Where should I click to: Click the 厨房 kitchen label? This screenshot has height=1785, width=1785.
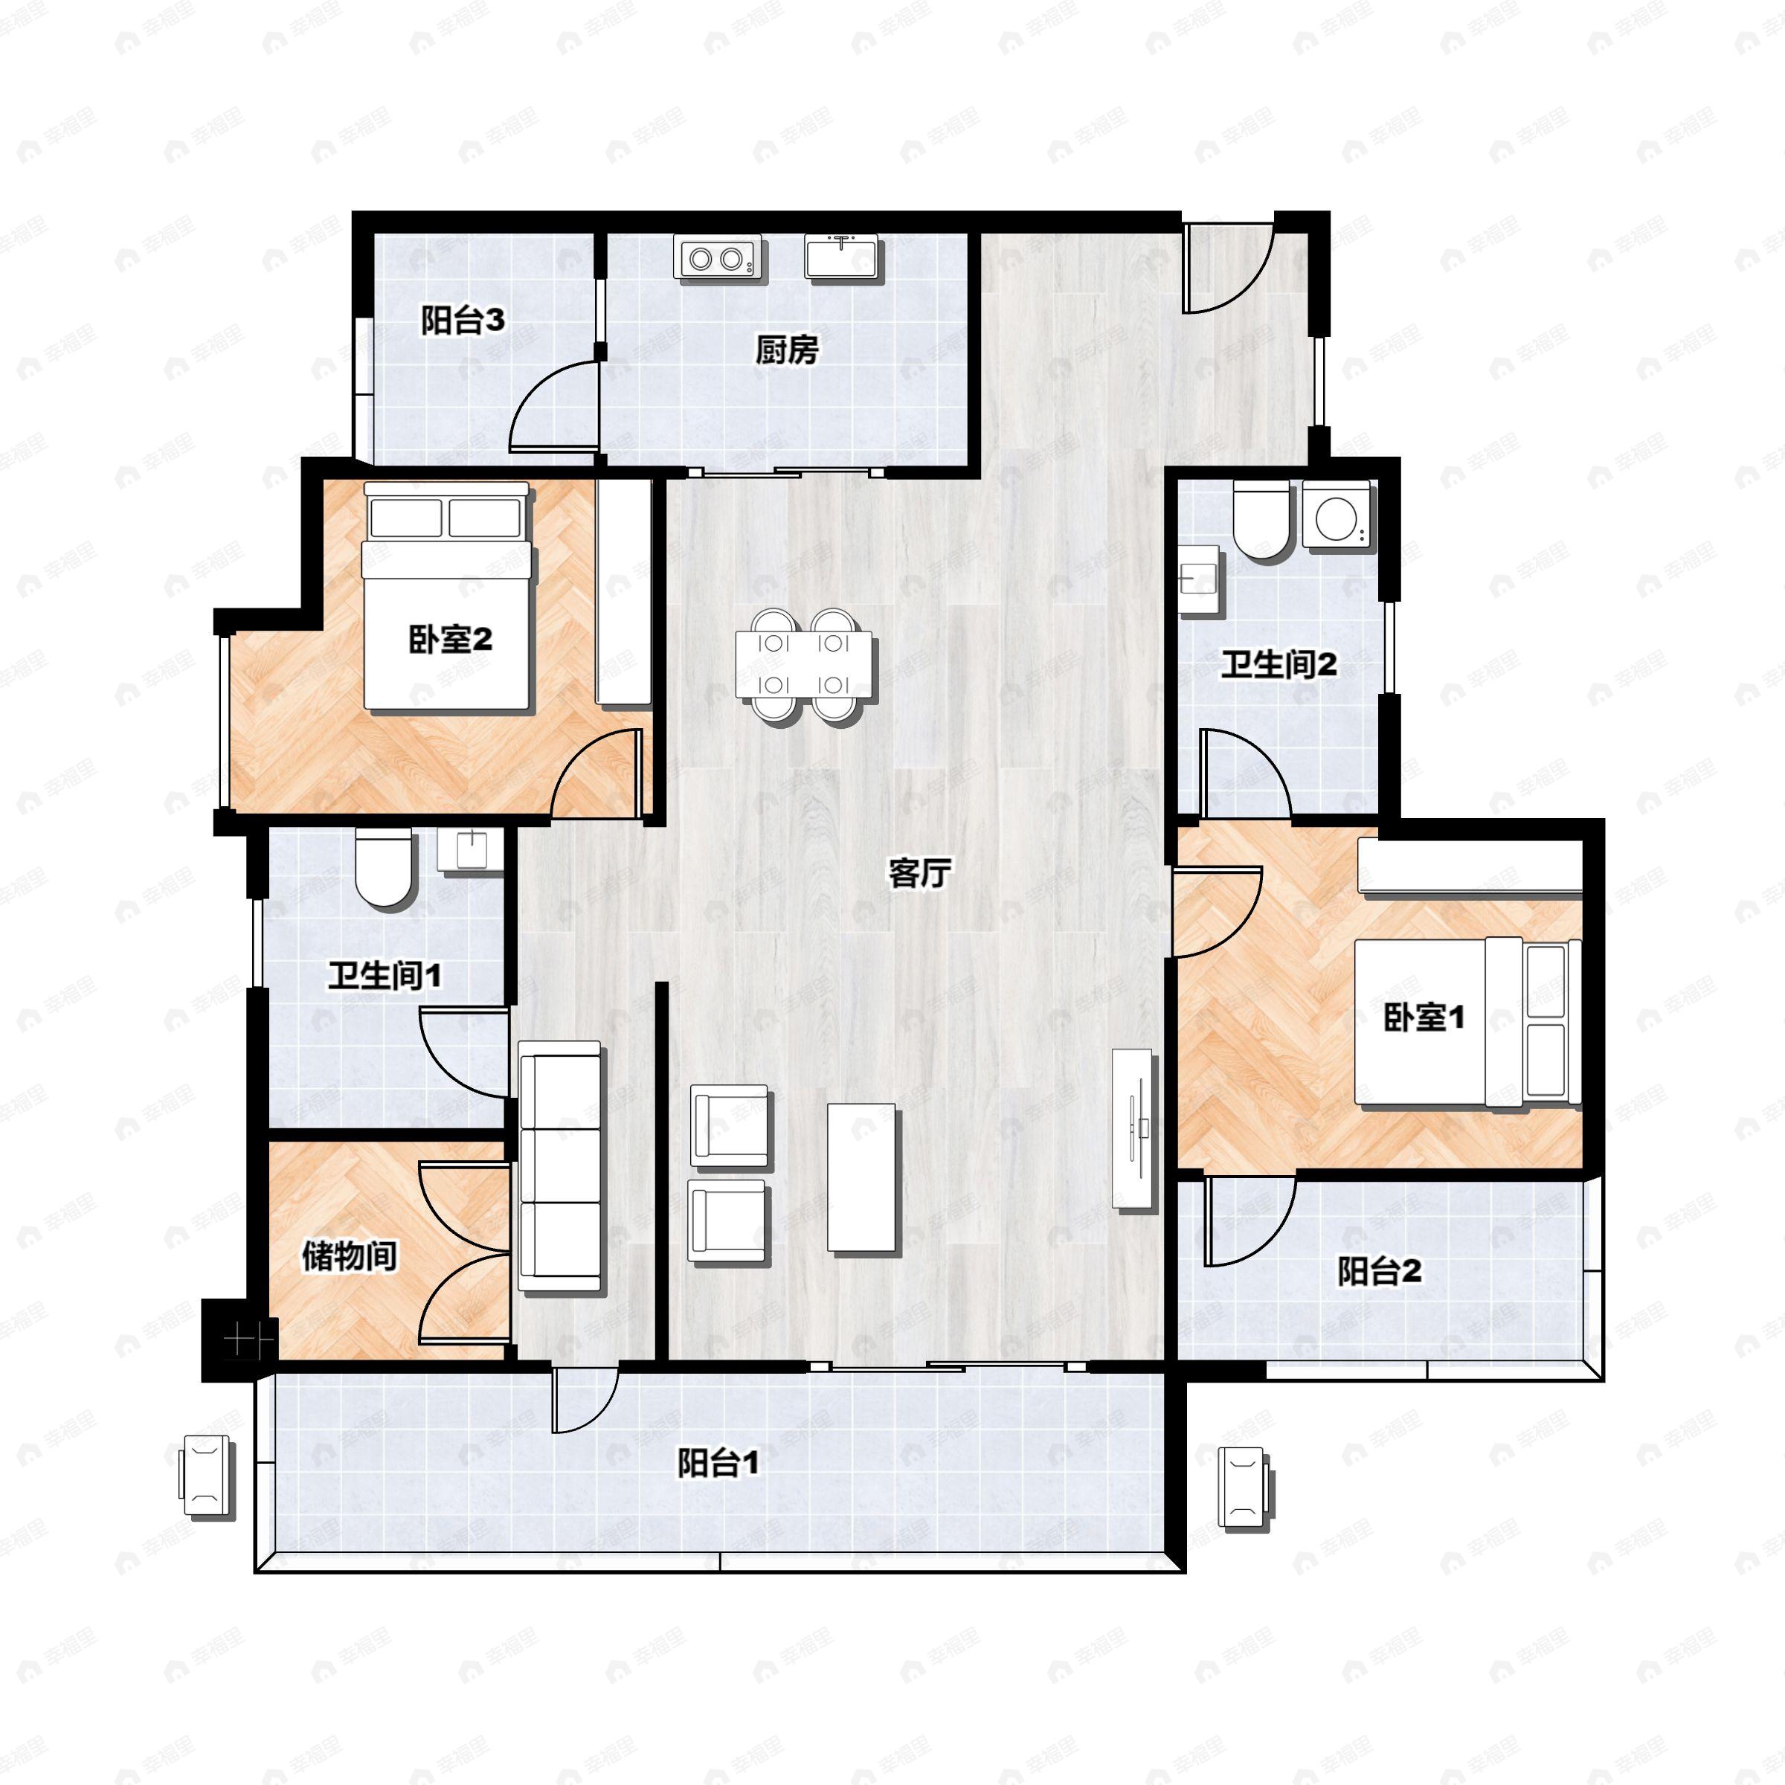coord(786,350)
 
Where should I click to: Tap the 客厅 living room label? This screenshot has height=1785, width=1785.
coord(919,871)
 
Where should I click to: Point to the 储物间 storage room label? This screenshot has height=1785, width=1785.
coord(350,1255)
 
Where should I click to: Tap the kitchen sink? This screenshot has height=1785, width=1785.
coord(843,256)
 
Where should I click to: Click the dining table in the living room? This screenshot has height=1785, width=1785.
coord(804,663)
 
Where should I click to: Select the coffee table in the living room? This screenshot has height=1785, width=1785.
coord(861,1178)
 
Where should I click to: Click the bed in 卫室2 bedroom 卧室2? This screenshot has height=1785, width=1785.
coord(447,596)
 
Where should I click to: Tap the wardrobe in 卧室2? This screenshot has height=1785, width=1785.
coord(625,594)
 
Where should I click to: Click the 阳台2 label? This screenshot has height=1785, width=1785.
coord(1380,1271)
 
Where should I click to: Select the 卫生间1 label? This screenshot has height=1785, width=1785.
coord(385,976)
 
